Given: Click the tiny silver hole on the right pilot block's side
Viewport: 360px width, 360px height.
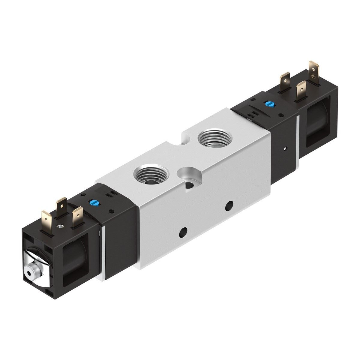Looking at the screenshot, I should tap(285, 148).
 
